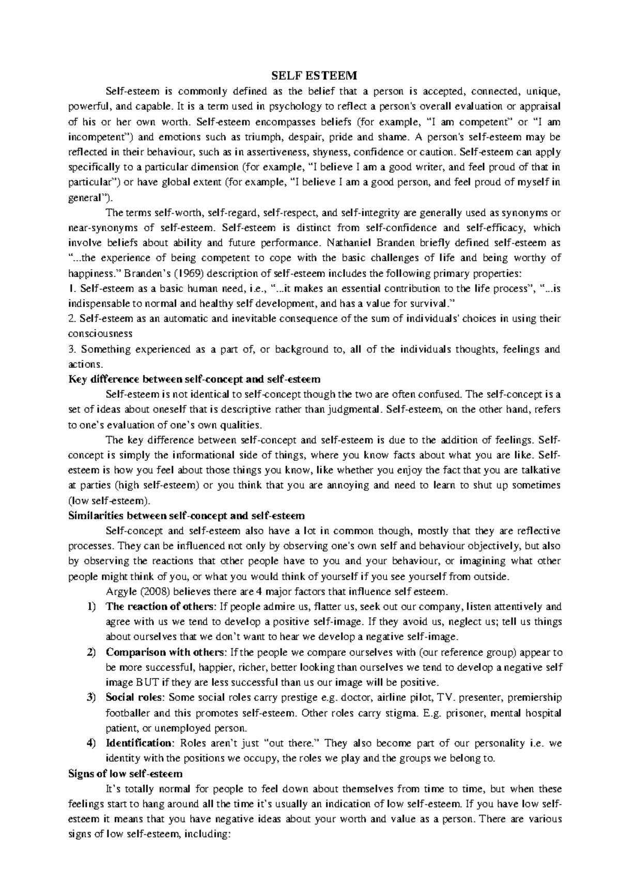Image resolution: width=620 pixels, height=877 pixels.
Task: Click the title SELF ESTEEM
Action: click(x=315, y=77)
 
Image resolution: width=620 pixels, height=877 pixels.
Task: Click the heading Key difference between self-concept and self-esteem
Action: click(x=194, y=379)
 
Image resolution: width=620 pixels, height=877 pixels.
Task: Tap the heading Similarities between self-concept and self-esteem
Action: click(x=187, y=516)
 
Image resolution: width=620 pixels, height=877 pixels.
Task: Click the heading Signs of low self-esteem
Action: click(x=126, y=774)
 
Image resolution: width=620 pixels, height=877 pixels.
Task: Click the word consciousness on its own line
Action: click(x=100, y=334)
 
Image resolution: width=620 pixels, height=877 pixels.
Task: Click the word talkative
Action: click(x=540, y=471)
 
